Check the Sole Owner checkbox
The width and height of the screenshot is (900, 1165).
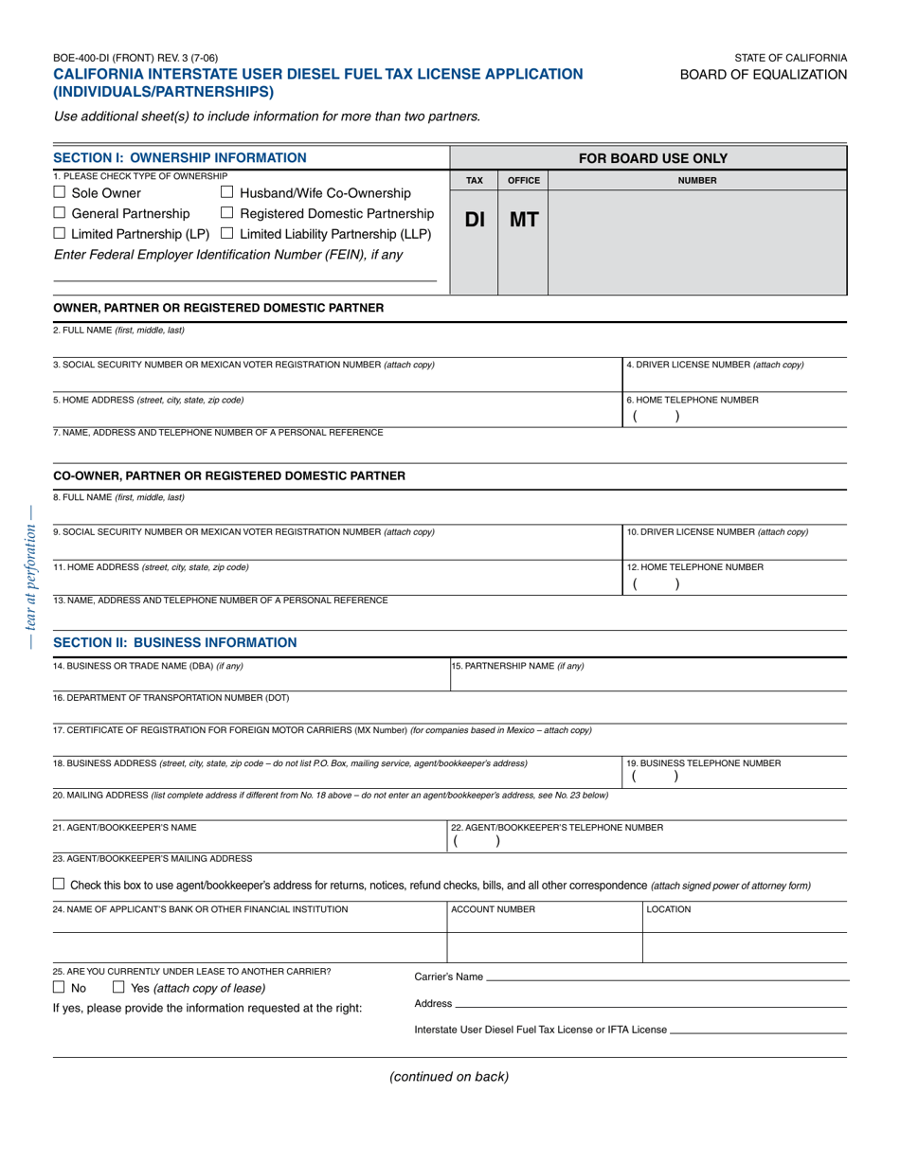pyautogui.click(x=59, y=194)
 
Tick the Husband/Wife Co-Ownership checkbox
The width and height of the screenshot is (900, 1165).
pyautogui.click(x=227, y=194)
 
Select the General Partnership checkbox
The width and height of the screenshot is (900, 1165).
pyautogui.click(x=59, y=214)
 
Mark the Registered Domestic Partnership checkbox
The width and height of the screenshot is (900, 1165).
pyautogui.click(x=227, y=214)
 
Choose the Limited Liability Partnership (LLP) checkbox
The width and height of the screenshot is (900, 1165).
pyautogui.click(x=227, y=234)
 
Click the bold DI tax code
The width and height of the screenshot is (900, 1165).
pyautogui.click(x=475, y=221)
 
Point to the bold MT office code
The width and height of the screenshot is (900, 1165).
pyautogui.click(x=523, y=221)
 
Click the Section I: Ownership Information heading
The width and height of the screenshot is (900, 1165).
pyautogui.click(x=180, y=158)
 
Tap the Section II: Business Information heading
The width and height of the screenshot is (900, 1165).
pyautogui.click(x=175, y=643)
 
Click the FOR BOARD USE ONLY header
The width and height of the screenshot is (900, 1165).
pyautogui.click(x=647, y=158)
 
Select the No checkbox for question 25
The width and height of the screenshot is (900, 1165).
pyautogui.click(x=59, y=988)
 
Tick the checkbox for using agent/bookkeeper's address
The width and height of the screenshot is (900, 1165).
pyautogui.click(x=59, y=885)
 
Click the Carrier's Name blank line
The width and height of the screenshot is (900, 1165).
pyautogui.click(x=667, y=977)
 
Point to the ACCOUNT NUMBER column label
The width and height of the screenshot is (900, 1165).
pyautogui.click(x=493, y=909)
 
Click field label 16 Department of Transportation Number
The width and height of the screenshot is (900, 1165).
pyautogui.click(x=171, y=698)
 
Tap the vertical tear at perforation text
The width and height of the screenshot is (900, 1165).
pyautogui.click(x=31, y=575)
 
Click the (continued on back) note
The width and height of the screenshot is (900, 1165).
pyautogui.click(x=449, y=1076)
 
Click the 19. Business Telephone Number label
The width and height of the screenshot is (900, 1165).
pyautogui.click(x=704, y=762)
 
